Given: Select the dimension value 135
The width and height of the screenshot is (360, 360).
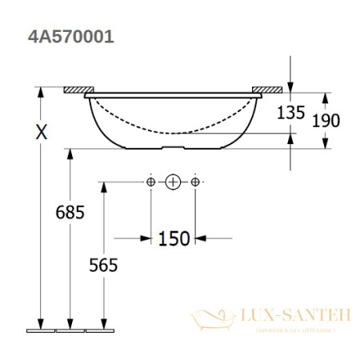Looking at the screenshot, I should (292, 114).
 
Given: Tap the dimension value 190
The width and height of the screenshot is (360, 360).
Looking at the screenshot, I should (326, 121).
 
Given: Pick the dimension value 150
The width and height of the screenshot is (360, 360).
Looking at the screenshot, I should (174, 238).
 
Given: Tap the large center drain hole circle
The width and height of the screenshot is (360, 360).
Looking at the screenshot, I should (174, 182).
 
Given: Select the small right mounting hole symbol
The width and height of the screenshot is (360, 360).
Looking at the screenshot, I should (196, 182).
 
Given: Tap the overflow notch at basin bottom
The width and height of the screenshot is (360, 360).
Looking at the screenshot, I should (174, 147).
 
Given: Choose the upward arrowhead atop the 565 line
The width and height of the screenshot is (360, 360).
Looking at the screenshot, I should (102, 186).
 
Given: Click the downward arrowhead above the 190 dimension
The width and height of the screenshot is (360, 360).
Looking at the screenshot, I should (326, 97).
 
